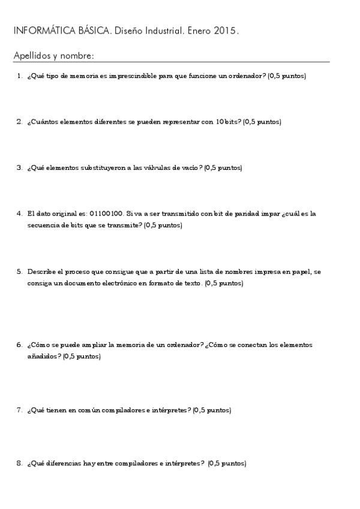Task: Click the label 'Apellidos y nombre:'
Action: (53, 56)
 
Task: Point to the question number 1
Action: (19, 76)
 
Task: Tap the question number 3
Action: (19, 167)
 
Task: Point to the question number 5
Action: (19, 271)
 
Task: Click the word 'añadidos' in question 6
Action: (41, 357)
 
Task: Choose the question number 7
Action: (19, 411)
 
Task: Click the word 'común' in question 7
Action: (88, 411)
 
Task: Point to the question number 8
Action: (19, 463)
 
